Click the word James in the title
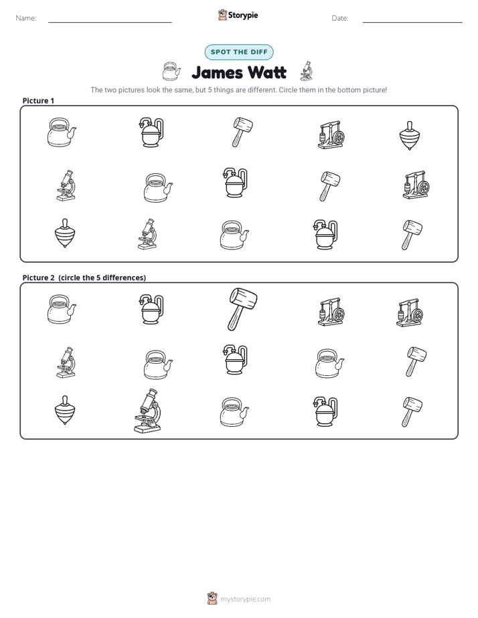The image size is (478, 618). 217,72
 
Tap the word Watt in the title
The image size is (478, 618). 267,72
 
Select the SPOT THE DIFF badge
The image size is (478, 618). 239,52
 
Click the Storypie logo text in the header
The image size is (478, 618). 243,15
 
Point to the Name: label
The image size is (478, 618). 26,18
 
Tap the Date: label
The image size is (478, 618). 340,18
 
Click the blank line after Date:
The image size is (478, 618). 412,22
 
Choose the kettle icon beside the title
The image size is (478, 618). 171,72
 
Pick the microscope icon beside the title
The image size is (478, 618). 307,71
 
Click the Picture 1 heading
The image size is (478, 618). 38,100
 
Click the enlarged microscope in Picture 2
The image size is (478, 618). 148,411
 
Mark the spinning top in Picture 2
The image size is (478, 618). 65,410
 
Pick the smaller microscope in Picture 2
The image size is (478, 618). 66,363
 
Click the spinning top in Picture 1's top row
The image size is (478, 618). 409,136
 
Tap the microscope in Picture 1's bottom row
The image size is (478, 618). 147,234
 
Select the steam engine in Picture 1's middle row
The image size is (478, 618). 416,185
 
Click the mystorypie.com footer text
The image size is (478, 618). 245,599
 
